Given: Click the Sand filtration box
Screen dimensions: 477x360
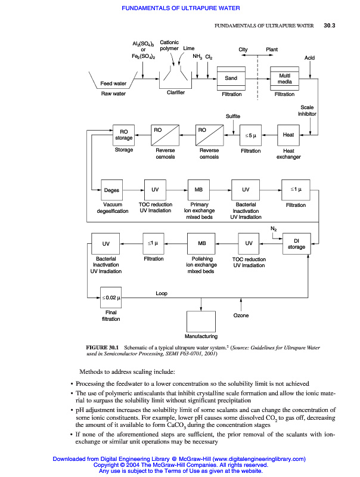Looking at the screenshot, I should [x=231, y=78].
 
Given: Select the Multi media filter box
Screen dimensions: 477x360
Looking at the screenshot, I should [x=284, y=78].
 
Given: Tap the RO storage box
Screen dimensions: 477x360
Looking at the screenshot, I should [x=124, y=135].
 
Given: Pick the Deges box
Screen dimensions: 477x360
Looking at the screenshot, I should [x=111, y=190].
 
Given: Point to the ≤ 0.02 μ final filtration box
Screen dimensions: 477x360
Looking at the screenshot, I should [x=111, y=297].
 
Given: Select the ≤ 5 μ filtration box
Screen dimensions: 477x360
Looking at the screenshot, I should [x=250, y=135].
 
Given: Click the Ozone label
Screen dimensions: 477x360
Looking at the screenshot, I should [x=241, y=315].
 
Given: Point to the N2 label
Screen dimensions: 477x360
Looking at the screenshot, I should [x=274, y=228].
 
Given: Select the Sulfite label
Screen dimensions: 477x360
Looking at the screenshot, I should [x=233, y=116].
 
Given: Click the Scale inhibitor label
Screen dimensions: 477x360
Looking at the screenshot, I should [x=308, y=110].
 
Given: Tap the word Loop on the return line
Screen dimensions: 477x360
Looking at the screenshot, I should [x=162, y=293].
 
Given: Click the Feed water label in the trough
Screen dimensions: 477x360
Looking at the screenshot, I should [x=113, y=83].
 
